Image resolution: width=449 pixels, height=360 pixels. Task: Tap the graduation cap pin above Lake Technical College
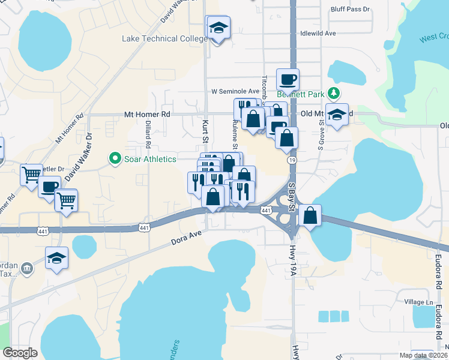[218, 28]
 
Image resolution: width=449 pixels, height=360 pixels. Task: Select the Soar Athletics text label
[149, 159]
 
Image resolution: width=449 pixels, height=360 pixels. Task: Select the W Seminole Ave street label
[235, 91]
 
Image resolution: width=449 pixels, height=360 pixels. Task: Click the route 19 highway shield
[291, 161]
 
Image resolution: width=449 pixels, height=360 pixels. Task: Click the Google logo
[20, 353]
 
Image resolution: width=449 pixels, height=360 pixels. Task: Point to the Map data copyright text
[423, 355]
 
